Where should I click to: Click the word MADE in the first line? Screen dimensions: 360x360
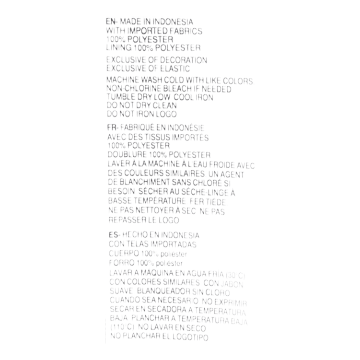(x=129, y=22)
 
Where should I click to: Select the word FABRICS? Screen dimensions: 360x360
(x=187, y=31)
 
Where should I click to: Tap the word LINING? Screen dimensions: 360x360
(x=117, y=48)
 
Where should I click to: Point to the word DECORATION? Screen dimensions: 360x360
(x=187, y=60)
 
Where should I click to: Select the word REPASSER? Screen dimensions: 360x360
(x=128, y=220)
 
